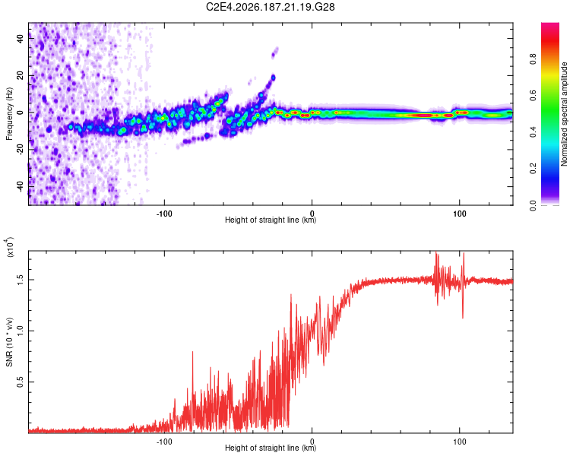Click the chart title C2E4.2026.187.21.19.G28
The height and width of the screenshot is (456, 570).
click(x=270, y=7)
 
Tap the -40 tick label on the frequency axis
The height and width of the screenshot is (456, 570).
click(x=21, y=186)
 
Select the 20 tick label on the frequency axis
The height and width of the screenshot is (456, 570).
click(x=21, y=75)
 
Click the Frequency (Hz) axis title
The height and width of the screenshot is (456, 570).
click(x=9, y=113)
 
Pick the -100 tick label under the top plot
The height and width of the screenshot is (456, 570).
click(x=164, y=214)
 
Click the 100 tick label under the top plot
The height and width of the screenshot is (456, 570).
click(x=460, y=214)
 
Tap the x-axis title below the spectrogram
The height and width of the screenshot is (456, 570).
click(x=271, y=220)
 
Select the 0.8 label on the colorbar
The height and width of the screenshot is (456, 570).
click(x=533, y=59)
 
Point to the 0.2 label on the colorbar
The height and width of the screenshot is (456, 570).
click(x=533, y=169)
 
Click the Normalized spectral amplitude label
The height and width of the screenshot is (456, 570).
click(x=564, y=114)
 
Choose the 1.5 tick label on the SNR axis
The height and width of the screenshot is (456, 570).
click(x=21, y=280)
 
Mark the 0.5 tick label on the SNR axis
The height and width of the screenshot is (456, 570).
click(x=21, y=382)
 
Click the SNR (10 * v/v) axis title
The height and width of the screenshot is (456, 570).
click(x=9, y=342)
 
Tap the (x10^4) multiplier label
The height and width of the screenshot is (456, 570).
click(x=10, y=247)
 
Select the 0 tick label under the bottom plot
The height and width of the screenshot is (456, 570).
click(x=312, y=442)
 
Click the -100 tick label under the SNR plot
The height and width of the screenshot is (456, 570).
click(x=164, y=442)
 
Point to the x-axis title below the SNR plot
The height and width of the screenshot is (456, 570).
click(x=271, y=448)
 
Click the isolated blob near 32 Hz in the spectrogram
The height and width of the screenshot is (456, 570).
click(x=275, y=52)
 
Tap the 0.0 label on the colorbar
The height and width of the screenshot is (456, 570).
click(x=533, y=205)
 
